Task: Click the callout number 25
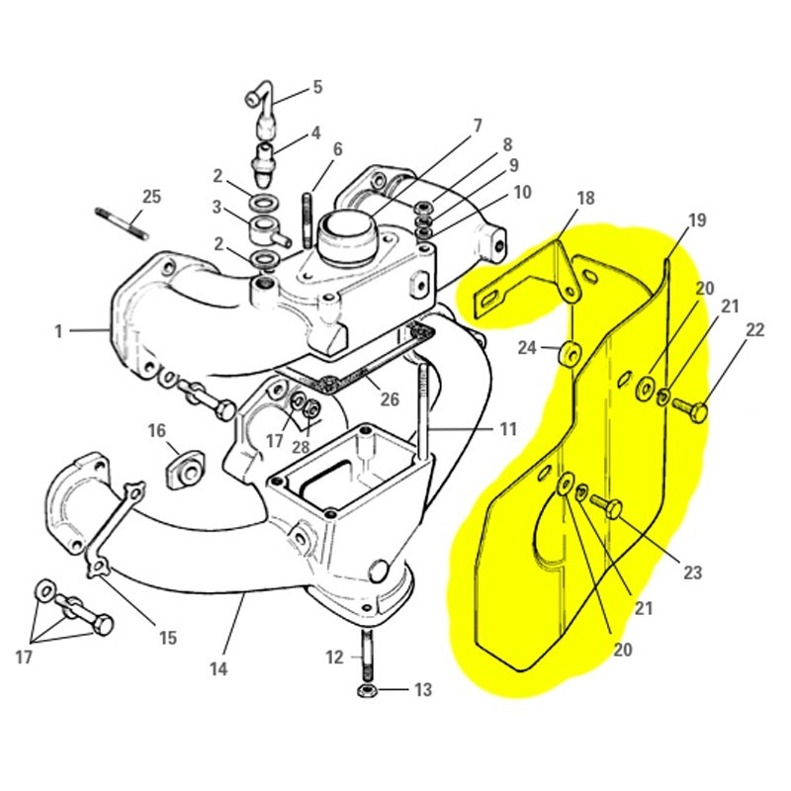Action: coord(150,197)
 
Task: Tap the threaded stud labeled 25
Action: coord(121,224)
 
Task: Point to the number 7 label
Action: coord(477,126)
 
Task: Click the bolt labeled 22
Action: coord(694,410)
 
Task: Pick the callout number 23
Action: coord(692,571)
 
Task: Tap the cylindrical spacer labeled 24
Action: coord(571,353)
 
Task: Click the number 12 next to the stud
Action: coord(335,657)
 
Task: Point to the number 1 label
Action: coord(58,331)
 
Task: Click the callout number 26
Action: coord(389,399)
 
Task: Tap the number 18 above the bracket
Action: coord(585,198)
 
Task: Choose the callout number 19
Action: coord(697,220)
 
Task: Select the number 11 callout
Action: coord(507,429)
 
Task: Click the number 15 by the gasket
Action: coord(167,638)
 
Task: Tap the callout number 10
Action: coord(521,191)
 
